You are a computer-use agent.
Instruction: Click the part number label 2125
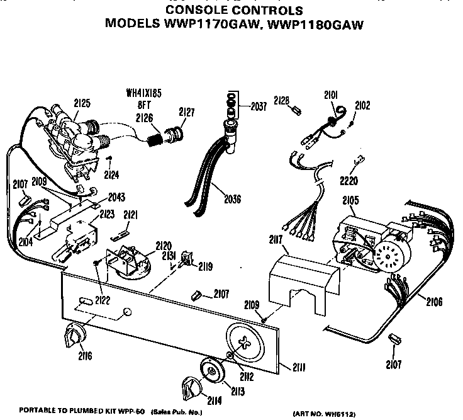82,102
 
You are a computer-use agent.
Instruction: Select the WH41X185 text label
144,93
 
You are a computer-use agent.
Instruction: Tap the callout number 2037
258,106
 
